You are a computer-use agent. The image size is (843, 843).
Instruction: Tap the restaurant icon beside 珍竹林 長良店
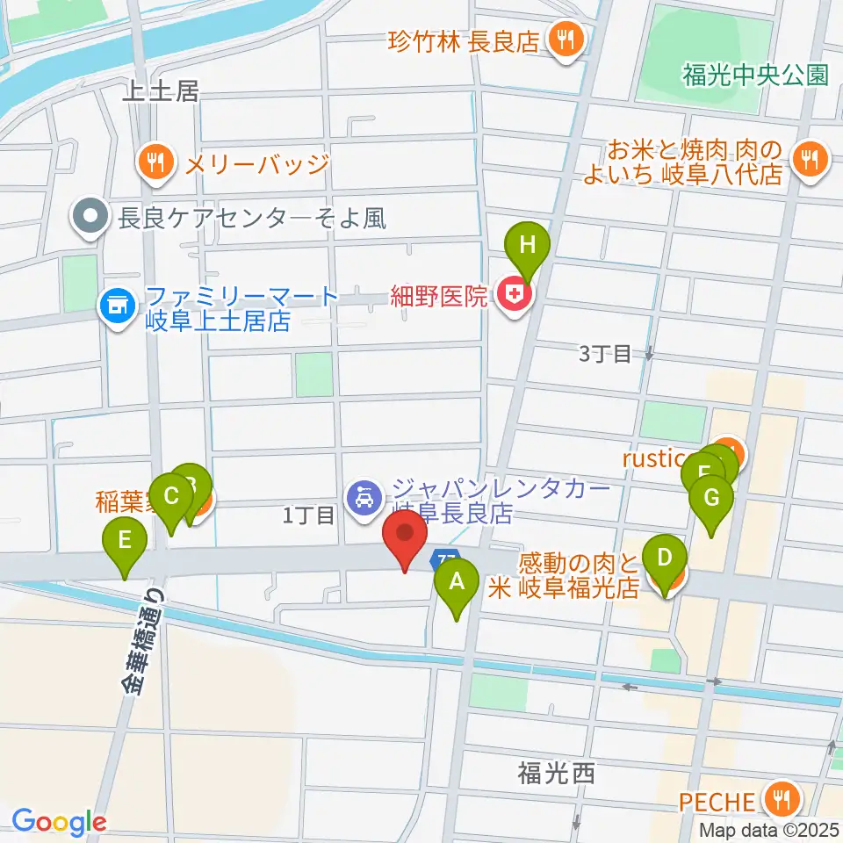click(562, 39)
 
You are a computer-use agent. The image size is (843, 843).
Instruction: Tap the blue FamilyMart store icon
click(116, 306)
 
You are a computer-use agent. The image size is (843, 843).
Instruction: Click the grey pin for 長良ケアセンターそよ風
click(91, 215)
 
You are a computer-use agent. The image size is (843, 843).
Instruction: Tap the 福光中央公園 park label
click(754, 74)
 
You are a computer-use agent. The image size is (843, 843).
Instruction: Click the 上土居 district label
click(162, 90)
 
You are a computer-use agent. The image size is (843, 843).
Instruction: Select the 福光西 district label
click(556, 773)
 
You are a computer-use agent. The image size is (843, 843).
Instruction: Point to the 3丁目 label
click(605, 353)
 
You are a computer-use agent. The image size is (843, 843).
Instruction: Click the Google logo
click(58, 821)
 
